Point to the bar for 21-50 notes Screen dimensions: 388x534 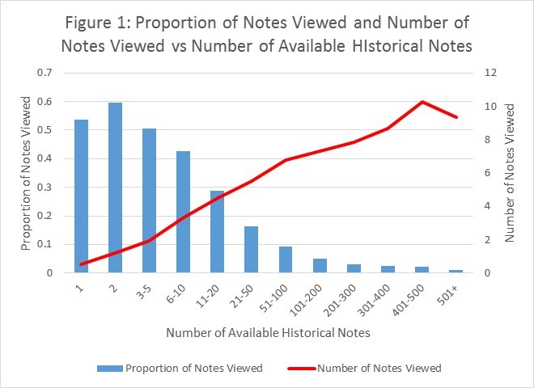click(x=251, y=250)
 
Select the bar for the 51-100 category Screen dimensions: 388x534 click(x=285, y=259)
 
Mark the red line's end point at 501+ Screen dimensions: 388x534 click(x=456, y=117)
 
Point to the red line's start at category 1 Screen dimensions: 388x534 click(x=81, y=264)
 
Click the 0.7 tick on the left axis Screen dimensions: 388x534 click(x=46, y=73)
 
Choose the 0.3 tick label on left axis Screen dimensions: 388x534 click(x=46, y=188)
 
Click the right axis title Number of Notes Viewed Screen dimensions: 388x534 click(x=510, y=172)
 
